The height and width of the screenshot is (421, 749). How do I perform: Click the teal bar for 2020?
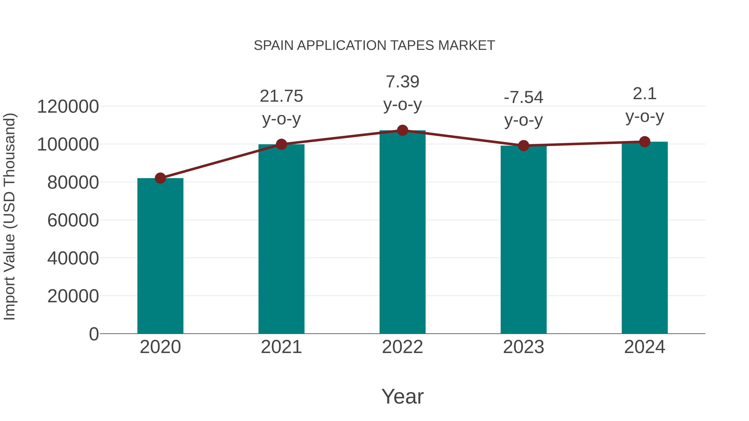[160, 256]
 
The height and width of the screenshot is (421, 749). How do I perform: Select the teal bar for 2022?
[402, 232]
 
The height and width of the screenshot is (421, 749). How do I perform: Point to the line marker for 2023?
[523, 146]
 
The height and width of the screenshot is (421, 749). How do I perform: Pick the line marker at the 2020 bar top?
[160, 178]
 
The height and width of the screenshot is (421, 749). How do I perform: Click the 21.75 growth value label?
[281, 96]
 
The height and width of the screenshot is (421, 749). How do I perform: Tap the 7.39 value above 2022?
[402, 82]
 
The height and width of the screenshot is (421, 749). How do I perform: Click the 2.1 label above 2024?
[645, 94]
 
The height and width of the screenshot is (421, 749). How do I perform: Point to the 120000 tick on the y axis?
[68, 107]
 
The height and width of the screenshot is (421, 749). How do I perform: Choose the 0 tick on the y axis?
[94, 334]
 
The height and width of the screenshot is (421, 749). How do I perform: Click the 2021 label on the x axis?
[281, 347]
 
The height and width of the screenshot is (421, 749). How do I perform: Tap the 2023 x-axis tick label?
[523, 347]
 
